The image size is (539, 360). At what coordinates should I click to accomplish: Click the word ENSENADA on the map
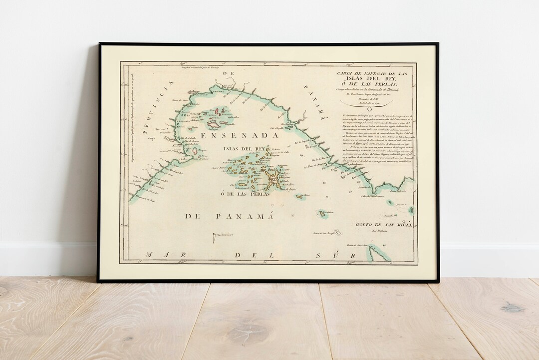pyautogui.click(x=239, y=135)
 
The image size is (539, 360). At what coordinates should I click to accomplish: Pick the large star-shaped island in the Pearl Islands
pyautogui.click(x=273, y=179)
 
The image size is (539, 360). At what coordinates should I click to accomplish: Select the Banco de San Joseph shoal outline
pyautogui.click(x=338, y=232)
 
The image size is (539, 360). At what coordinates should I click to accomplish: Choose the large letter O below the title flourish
pyautogui.click(x=369, y=109)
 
